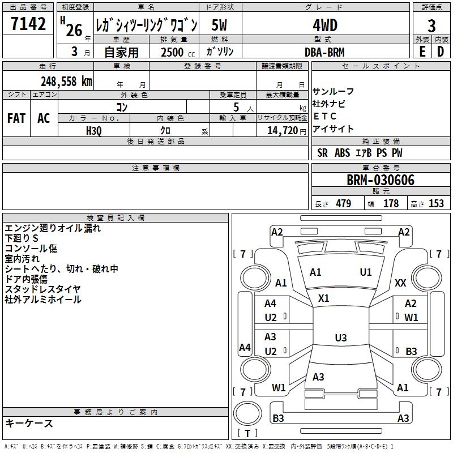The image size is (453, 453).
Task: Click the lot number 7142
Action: tap(28, 24)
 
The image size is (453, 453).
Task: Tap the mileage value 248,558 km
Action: tap(66, 82)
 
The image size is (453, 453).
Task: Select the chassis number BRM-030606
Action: tap(381, 180)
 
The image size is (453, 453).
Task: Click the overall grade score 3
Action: tap(431, 26)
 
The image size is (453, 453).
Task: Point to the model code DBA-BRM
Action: tap(324, 52)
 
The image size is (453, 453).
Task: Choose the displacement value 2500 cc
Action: tap(178, 52)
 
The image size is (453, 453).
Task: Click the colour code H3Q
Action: tap(94, 131)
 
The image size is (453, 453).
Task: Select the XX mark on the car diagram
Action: tap(400, 283)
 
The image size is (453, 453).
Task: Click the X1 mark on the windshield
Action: tap(323, 298)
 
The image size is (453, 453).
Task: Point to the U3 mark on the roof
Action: tap(341, 337)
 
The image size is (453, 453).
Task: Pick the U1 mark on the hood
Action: tap(366, 272)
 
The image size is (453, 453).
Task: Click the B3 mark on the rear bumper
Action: tap(278, 418)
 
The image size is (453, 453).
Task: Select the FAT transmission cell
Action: tap(16, 118)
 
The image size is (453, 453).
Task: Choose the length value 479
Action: tap(344, 203)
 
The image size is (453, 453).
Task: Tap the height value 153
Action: tap(436, 203)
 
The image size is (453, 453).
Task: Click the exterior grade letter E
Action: tap(422, 52)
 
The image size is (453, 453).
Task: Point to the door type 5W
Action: tap(219, 25)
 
